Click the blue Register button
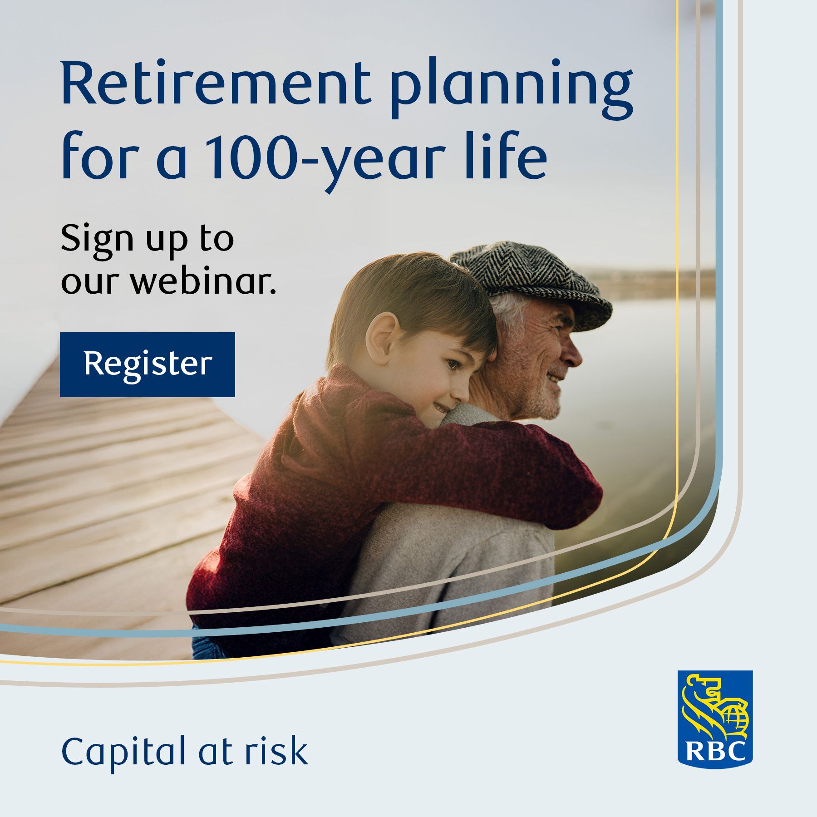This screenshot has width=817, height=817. [148, 364]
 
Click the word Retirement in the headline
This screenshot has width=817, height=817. [216, 84]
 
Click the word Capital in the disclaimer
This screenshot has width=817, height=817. [124, 752]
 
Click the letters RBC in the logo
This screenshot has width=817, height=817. [715, 751]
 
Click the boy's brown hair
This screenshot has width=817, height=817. [413, 300]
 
